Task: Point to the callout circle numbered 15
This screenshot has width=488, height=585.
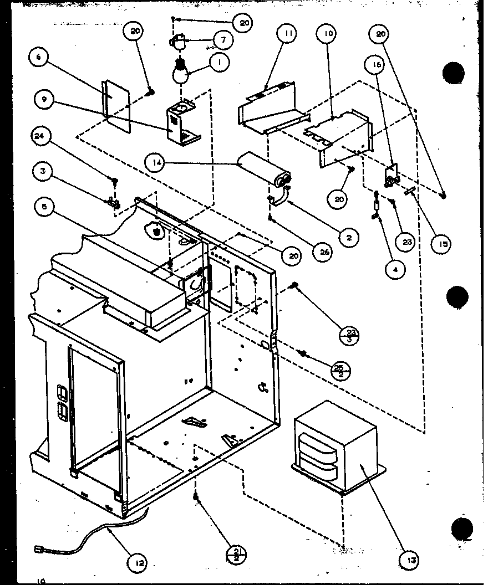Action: tap(442, 243)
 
